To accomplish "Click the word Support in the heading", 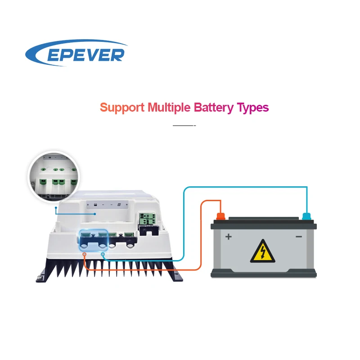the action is pos(122,108).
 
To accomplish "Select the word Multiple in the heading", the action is pos(169,108).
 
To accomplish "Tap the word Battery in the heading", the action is pos(213,108).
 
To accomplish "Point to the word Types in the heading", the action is pos(252,108).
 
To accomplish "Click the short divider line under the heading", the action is pos(184,125).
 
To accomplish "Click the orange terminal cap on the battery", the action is pos(220,216).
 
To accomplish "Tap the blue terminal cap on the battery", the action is pos(307,216).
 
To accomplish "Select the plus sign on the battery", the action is pos(229,236).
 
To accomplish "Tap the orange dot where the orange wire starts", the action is pos(85,255).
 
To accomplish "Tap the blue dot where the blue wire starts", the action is pos(103,255).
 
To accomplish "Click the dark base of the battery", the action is pos(264,273).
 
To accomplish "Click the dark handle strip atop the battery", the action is pos(264,219).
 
